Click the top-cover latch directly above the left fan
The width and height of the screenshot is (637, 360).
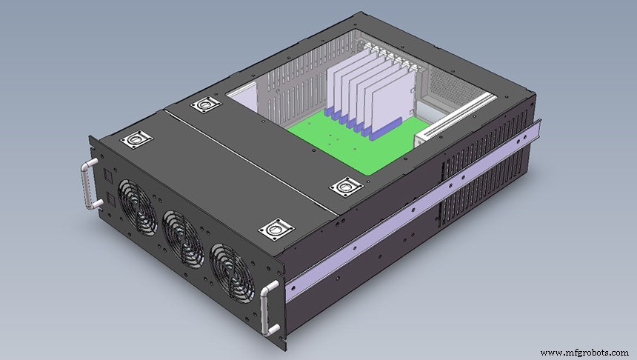[136, 139]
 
